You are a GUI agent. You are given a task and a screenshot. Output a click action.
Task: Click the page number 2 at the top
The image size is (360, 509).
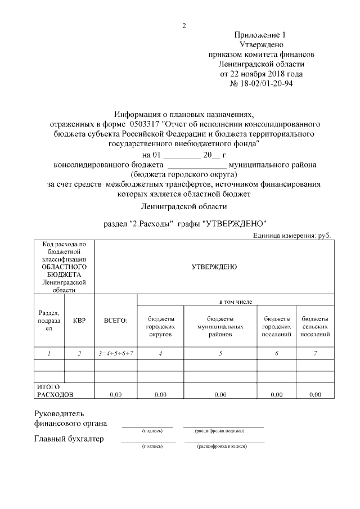click(184, 26)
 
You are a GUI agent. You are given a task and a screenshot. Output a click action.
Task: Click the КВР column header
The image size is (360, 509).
click(79, 321)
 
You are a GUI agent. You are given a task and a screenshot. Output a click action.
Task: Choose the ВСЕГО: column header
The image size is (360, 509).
click(115, 321)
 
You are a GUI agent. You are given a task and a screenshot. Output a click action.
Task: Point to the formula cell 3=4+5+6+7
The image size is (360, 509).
click(115, 353)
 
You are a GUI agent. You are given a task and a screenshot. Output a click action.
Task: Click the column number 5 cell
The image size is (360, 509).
click(220, 353)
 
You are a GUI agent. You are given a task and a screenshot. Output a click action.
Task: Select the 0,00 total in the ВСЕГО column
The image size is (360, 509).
click(115, 395)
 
